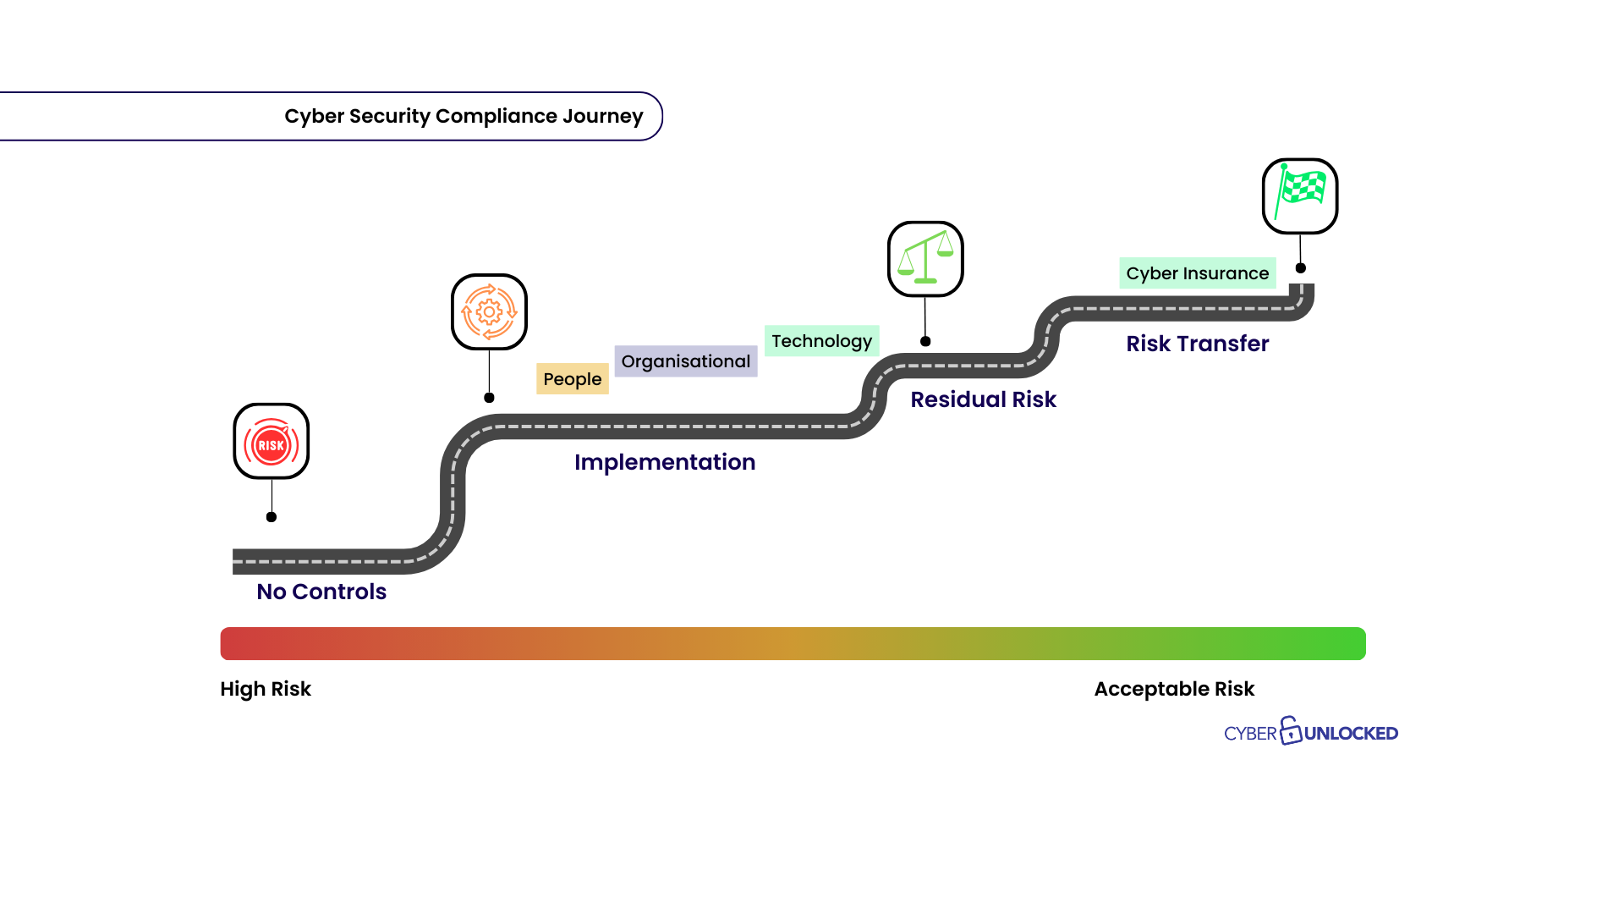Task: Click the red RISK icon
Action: pos(271,441)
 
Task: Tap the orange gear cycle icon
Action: pos(489,311)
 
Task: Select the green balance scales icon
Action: pos(925,259)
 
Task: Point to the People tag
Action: pos(573,379)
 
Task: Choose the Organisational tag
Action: pos(686,361)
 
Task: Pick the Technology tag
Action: pos(821,341)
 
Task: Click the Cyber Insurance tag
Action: pos(1197,273)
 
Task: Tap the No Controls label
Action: pos(321,592)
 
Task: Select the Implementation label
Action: pos(665,462)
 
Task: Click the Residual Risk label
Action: pos(983,399)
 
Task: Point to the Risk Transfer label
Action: pos(1197,344)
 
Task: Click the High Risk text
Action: pos(266,689)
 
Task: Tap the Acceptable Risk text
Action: pos(1174,689)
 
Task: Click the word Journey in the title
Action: pos(602,116)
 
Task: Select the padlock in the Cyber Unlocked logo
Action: pos(1290,730)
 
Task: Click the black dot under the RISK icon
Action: pos(272,517)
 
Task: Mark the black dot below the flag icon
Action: pos(1301,268)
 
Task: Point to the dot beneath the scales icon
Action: pos(925,342)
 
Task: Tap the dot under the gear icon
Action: pos(489,398)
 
